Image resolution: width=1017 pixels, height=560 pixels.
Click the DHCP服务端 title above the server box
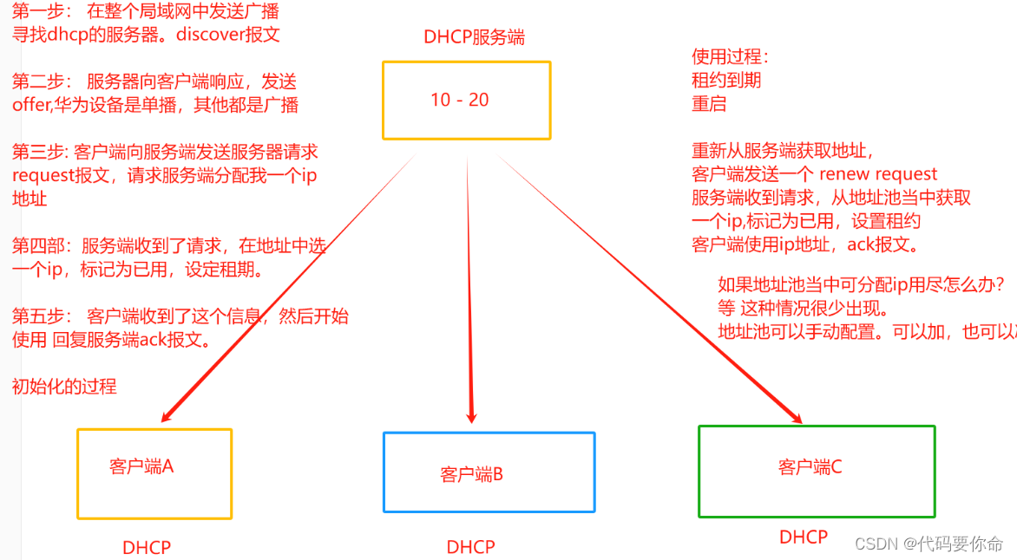[474, 37]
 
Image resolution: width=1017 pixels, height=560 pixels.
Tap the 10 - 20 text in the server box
[460, 100]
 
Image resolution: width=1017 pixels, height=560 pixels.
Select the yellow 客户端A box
[154, 473]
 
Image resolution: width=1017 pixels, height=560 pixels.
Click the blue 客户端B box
[489, 472]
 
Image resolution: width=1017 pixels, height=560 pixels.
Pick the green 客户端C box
[817, 471]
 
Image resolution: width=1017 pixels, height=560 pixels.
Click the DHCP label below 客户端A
[147, 548]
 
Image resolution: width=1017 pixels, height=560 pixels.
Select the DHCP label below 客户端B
[470, 547]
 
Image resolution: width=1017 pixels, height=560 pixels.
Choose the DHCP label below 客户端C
[804, 537]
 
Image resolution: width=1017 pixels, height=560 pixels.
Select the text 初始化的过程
[64, 387]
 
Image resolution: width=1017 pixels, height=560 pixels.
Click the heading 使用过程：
[729, 57]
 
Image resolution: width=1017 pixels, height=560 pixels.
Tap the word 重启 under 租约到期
[709, 104]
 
